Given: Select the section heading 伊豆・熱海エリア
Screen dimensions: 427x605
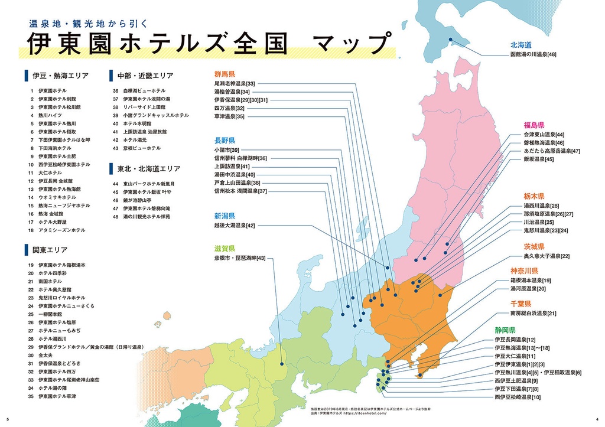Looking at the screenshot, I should click(x=60, y=76).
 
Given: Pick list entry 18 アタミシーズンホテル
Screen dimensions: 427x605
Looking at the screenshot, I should click(x=61, y=230).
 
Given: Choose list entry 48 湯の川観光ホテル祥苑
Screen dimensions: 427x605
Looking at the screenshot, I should click(x=146, y=217).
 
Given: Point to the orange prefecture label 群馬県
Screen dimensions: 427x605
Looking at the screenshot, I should click(x=225, y=75).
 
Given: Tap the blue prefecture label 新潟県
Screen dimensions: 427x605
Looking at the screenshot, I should click(x=225, y=216).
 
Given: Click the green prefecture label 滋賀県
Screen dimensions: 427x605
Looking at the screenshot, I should click(x=225, y=249).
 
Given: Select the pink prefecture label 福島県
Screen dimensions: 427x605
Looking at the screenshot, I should click(x=534, y=125).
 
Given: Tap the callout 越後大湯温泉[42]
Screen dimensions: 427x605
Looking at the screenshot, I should click(x=235, y=226).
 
